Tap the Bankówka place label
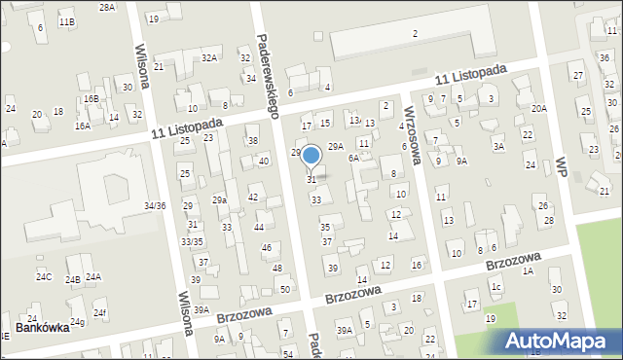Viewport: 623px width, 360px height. pos(41,328)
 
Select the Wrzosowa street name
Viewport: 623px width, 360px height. pos(414,134)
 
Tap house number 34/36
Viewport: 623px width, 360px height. pos(155,205)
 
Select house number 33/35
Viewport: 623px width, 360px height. pos(192,241)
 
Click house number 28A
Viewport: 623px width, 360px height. pos(107,7)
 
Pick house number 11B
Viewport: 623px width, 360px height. pos(66,21)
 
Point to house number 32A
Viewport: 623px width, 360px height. pos(208,58)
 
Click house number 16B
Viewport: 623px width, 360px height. pos(91,98)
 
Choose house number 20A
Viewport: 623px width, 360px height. pos(538,109)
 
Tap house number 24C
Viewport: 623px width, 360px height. pos(44,277)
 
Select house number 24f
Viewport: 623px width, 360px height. pos(99,312)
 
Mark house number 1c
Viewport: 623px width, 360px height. pos(495,287)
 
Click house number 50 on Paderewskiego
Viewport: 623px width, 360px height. pos(284,289)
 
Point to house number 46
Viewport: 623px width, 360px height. pos(266,248)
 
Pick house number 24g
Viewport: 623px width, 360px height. pos(77,322)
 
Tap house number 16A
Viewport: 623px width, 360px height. pos(83,126)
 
